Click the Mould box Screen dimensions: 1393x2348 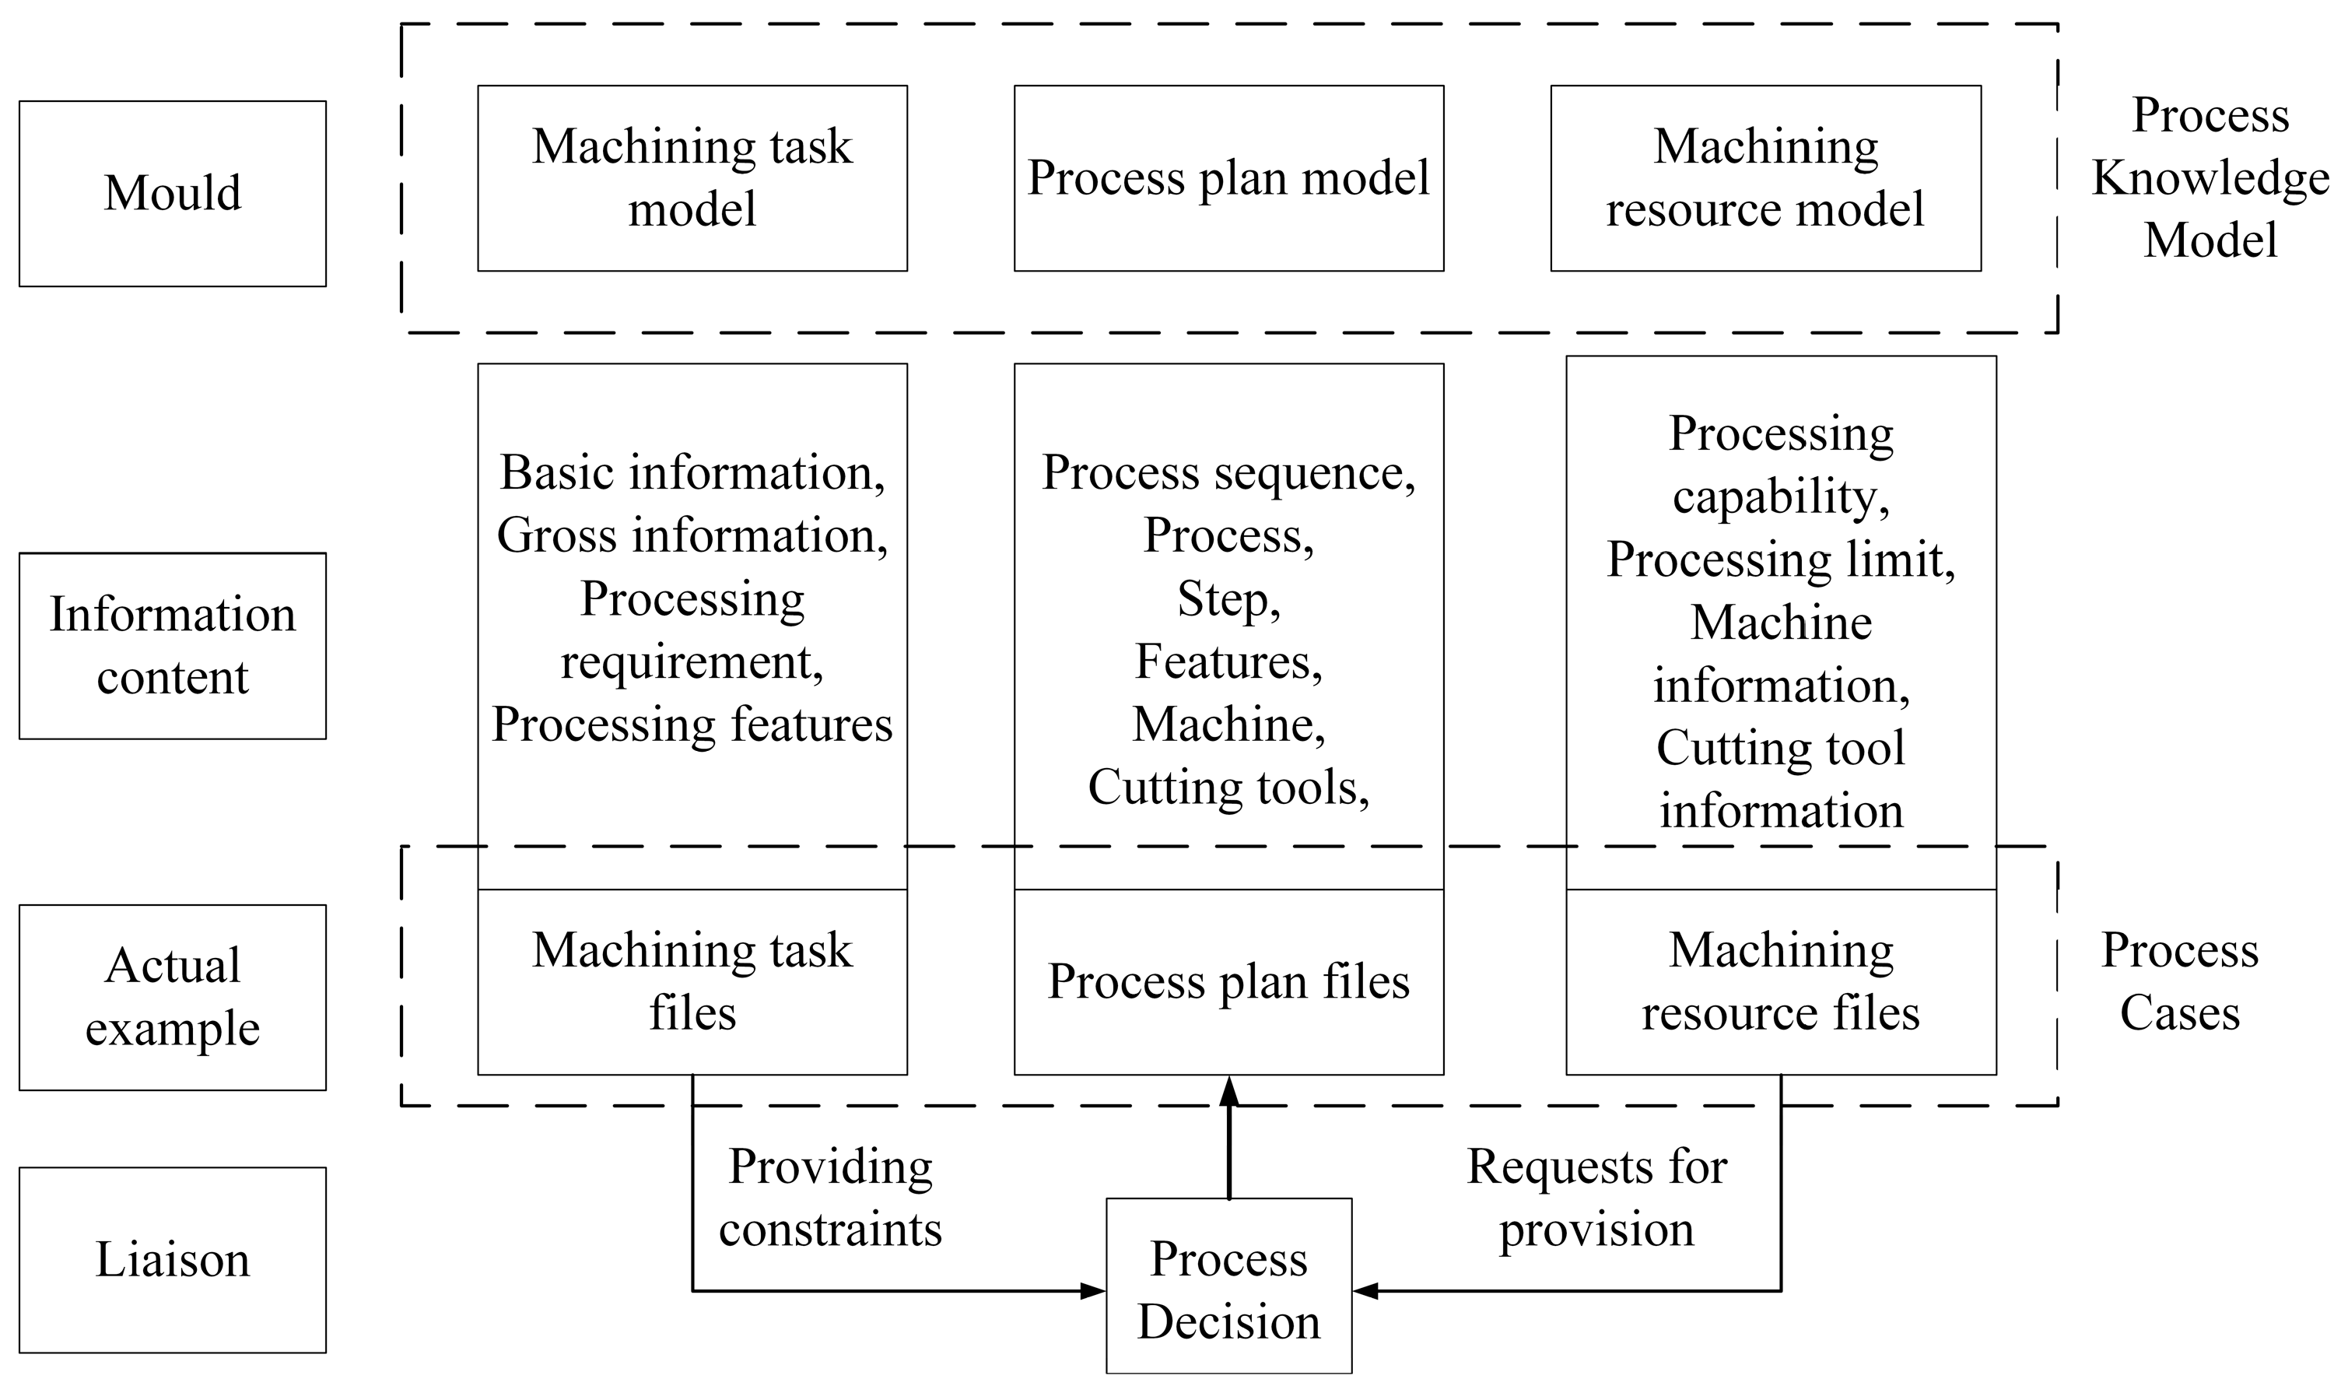(x=172, y=193)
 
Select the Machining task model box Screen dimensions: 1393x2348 (x=692, y=178)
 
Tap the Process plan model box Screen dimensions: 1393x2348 (x=1228, y=178)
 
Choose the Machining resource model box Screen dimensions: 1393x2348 (x=1765, y=178)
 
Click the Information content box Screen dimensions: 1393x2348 (x=172, y=646)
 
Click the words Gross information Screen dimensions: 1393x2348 (x=692, y=536)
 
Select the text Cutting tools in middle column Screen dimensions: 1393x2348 (x=1228, y=788)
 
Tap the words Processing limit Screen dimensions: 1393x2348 (x=1780, y=560)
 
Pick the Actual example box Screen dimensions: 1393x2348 (x=172, y=997)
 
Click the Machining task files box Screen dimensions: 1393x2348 (x=692, y=982)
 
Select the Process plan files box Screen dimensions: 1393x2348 (x=1228, y=982)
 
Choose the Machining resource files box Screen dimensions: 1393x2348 (x=1780, y=982)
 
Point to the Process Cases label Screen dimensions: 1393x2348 (x=2179, y=982)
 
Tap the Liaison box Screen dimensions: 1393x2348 (x=172, y=1260)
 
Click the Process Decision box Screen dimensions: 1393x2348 (x=1228, y=1289)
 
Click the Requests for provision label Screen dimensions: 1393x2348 (x=1596, y=1198)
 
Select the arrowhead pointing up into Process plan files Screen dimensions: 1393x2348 (x=1228, y=1093)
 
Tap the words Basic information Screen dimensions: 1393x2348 (x=692, y=473)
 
